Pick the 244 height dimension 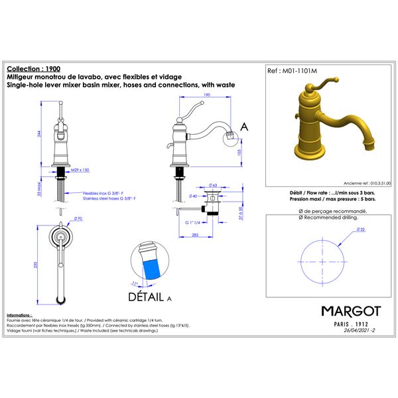(42, 133)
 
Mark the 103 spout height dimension (240, 153)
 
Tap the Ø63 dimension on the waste (213, 185)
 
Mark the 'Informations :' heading (19, 314)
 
